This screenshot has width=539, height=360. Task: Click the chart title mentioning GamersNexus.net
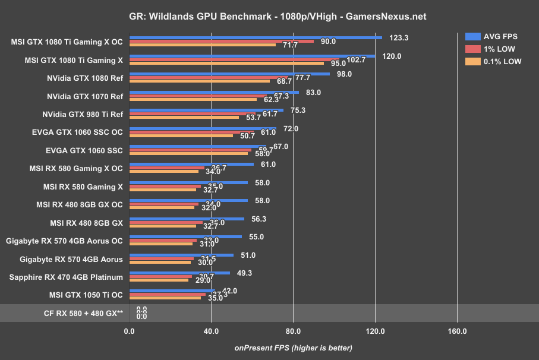point(269,17)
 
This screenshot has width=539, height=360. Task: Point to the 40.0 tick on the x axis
point(210,332)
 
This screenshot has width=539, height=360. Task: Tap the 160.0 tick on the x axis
point(456,332)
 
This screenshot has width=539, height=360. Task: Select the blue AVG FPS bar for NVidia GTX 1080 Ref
point(229,74)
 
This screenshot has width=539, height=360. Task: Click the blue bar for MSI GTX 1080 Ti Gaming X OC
point(255,37)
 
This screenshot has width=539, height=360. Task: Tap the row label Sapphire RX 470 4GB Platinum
point(66,277)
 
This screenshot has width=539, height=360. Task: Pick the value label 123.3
point(399,37)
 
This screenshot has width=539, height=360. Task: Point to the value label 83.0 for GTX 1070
point(313,93)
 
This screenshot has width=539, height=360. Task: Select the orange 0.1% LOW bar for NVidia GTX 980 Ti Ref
point(184,118)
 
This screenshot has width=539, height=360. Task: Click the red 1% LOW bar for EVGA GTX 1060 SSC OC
point(191,132)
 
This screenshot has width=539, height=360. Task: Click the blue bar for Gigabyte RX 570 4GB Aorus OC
point(185,236)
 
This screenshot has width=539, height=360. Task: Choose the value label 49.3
point(244,273)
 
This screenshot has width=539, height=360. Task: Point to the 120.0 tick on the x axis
point(374,332)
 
